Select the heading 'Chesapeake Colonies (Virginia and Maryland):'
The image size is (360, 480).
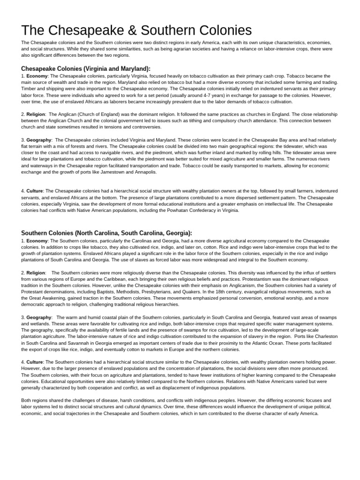pos(86,68)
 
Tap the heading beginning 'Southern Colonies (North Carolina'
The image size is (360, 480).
pos(106,233)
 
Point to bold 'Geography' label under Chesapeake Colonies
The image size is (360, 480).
pos(38,140)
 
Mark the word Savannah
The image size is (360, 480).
pos(76,343)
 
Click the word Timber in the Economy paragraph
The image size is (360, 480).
pos(29,89)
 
